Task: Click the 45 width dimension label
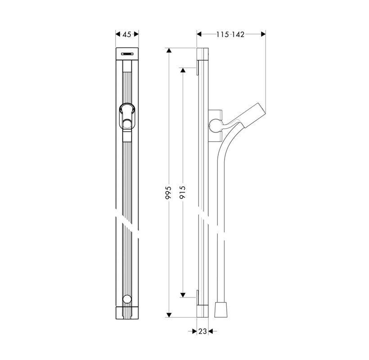click(127, 34)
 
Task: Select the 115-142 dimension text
click(229, 34)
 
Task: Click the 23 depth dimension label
click(202, 331)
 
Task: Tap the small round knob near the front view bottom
click(127, 299)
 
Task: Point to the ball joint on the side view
click(215, 125)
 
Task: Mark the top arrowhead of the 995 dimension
click(169, 50)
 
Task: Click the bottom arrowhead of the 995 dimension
click(169, 315)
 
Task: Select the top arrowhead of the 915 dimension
click(183, 71)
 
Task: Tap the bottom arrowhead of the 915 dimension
click(183, 294)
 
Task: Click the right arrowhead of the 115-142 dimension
click(263, 34)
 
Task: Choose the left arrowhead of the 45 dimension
click(118, 34)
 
